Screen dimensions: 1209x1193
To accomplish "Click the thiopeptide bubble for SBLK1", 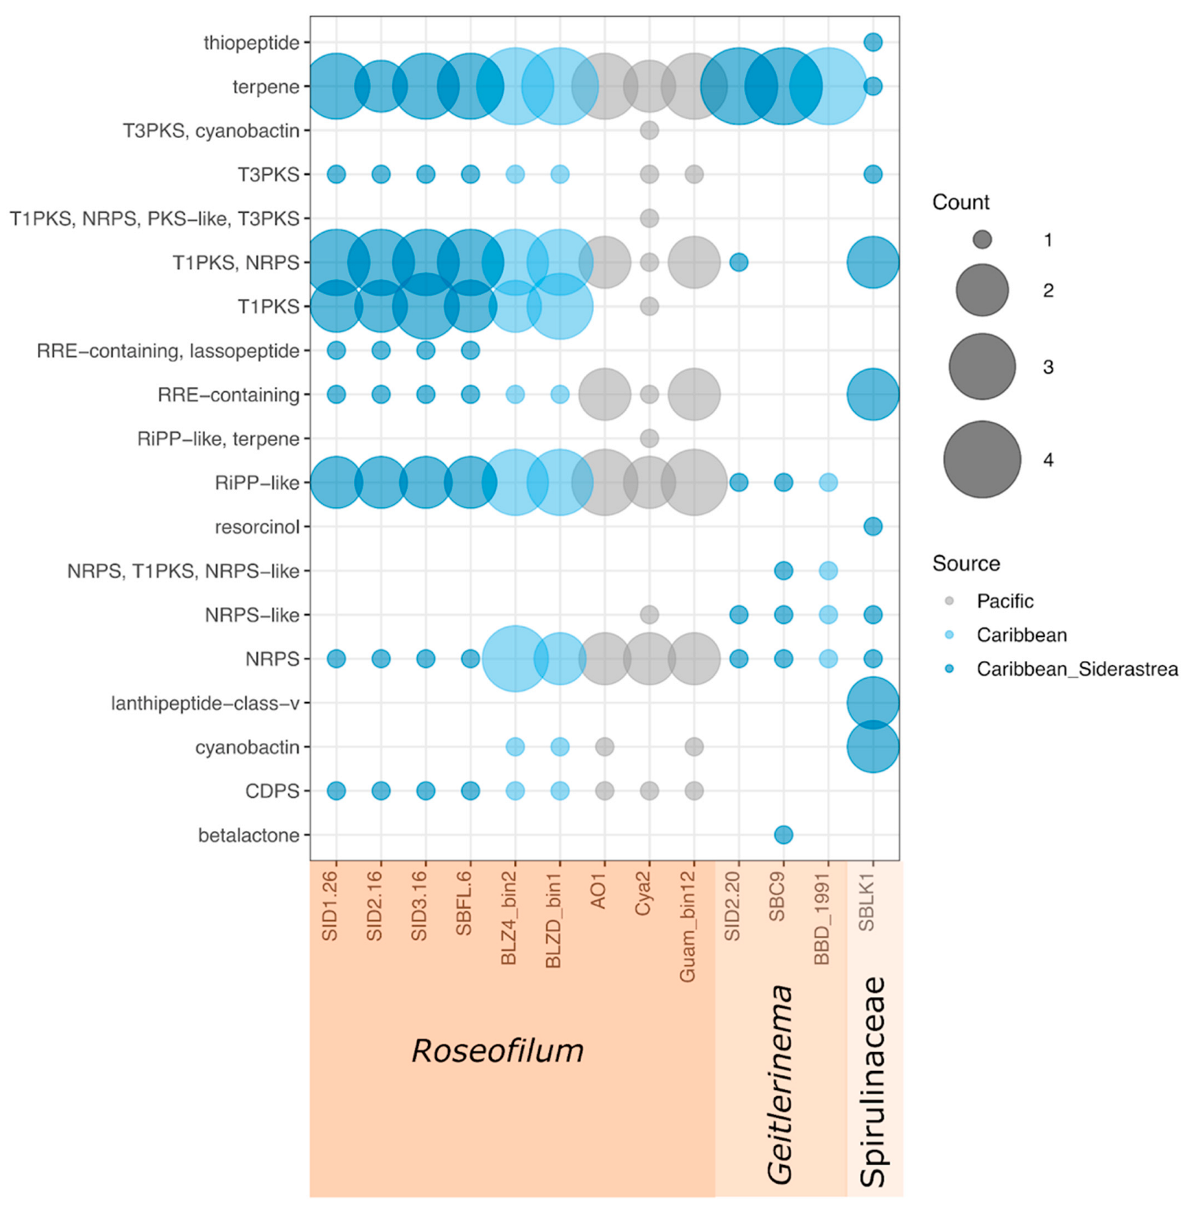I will tap(872, 43).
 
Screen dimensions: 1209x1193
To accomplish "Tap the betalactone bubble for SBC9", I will tap(783, 834).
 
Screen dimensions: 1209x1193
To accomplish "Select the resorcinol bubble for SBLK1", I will tap(872, 526).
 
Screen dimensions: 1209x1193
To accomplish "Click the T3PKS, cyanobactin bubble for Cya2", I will tap(649, 130).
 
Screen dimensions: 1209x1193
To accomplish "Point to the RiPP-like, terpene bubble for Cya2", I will tap(649, 438).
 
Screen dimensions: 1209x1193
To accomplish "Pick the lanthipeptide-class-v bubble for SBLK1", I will tap(872, 702).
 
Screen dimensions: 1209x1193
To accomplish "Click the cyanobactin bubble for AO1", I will tap(605, 746).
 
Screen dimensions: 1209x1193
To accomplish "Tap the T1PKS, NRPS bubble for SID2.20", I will tap(739, 262).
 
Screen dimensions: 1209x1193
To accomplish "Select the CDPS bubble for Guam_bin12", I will tap(694, 790).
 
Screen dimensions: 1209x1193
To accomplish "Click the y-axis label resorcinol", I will tap(257, 527).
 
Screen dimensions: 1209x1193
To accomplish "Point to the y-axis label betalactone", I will tap(248, 835).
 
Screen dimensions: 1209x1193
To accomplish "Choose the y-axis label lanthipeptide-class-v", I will tap(205, 703).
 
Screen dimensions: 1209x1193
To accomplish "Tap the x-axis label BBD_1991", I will tap(822, 918).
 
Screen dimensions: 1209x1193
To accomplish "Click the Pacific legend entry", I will tap(1005, 601).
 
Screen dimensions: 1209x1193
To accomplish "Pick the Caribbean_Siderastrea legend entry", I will tap(1076, 669).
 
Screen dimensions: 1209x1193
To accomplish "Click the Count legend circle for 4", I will tap(982, 460).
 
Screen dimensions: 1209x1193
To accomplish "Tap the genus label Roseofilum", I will tap(498, 1050).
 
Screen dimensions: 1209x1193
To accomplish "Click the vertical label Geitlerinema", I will tap(780, 1084).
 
